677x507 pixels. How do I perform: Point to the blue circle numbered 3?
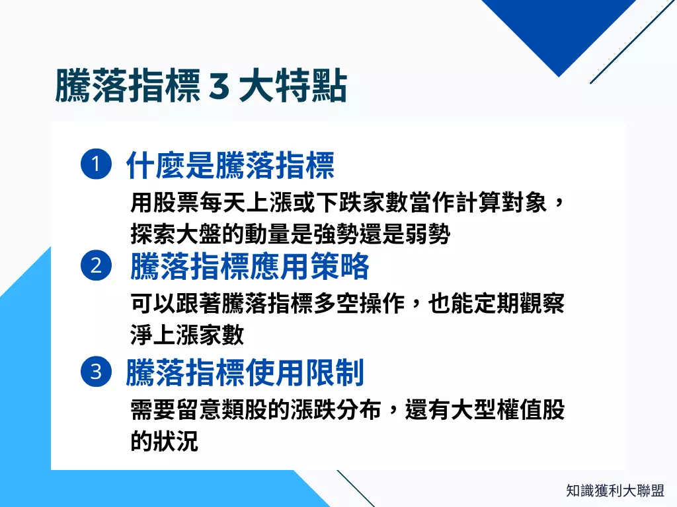pyautogui.click(x=95, y=372)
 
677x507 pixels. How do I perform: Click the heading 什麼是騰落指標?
pyautogui.click(x=230, y=165)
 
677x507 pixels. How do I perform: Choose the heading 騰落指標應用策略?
pyautogui.click(x=249, y=267)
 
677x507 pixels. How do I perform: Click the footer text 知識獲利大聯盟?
pyautogui.click(x=616, y=490)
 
